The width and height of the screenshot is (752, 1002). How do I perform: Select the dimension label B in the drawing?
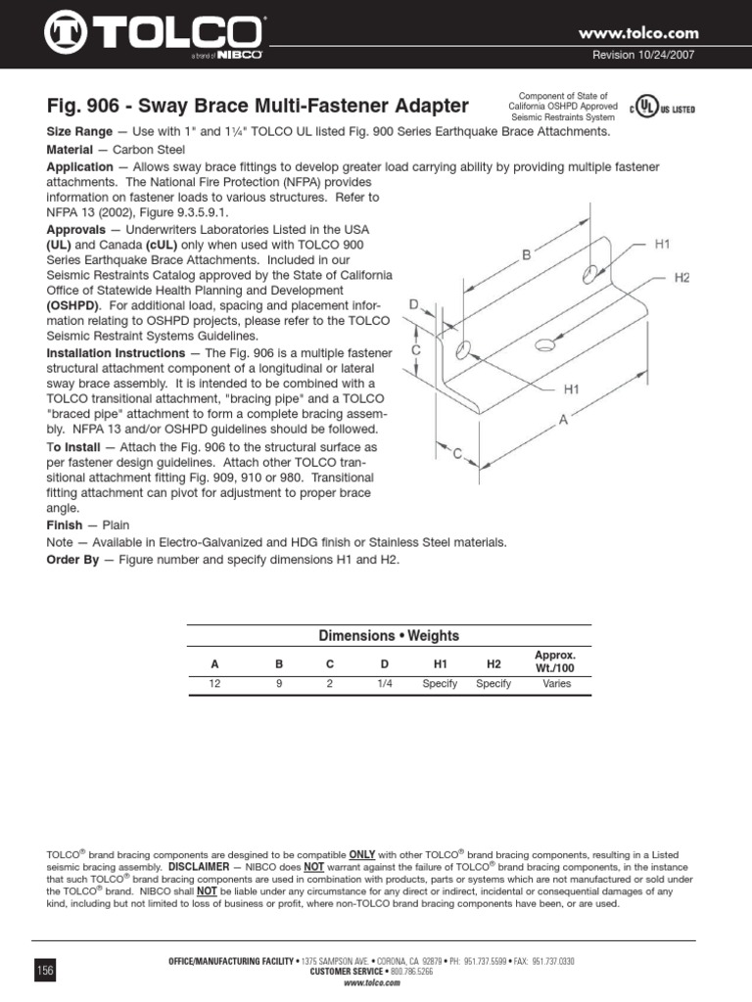[x=526, y=254]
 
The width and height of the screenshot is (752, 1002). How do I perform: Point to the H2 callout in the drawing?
[x=682, y=278]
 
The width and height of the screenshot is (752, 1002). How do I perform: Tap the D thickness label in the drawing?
[x=414, y=306]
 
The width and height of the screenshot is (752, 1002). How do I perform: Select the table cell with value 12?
[x=215, y=684]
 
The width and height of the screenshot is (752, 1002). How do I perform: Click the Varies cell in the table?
[x=556, y=684]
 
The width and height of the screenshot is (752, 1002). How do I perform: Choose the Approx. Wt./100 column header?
[x=556, y=660]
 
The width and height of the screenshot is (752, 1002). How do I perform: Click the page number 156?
[x=45, y=970]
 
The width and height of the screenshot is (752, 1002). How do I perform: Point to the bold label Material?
[x=73, y=150]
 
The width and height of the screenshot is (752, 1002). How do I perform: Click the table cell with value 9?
[x=279, y=684]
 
